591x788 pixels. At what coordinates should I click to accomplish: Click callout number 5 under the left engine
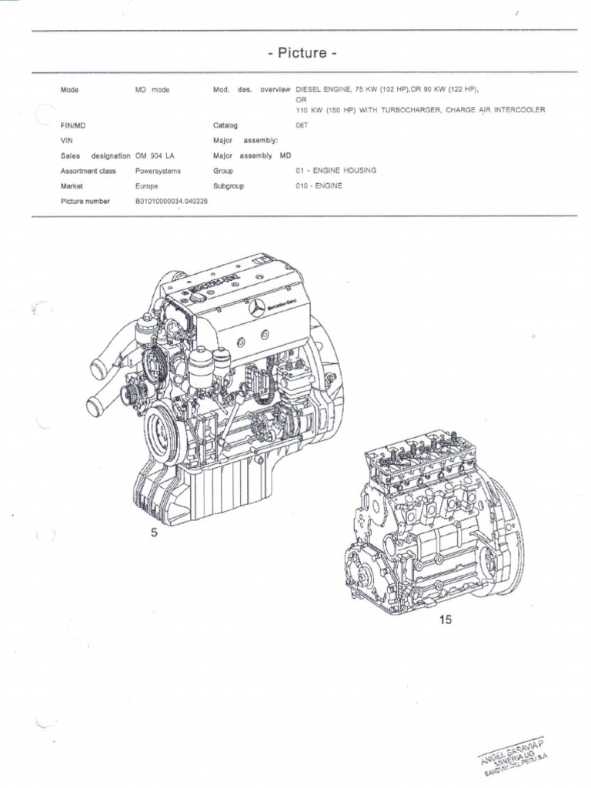(x=155, y=535)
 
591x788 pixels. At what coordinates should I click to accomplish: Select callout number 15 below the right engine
(x=446, y=619)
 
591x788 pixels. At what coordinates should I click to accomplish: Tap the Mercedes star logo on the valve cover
(x=257, y=309)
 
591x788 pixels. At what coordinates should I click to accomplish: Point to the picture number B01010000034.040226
(x=171, y=201)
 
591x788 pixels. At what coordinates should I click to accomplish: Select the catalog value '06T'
(x=302, y=125)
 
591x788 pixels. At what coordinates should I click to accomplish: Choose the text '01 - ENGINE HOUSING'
(x=336, y=170)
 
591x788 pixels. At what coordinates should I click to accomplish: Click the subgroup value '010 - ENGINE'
(x=319, y=185)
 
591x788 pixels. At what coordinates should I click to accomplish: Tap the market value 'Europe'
(x=147, y=185)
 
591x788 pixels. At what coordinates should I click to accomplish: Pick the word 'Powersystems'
(x=158, y=170)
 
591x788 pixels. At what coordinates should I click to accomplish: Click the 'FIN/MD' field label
(x=72, y=125)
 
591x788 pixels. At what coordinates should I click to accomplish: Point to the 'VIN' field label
(x=66, y=140)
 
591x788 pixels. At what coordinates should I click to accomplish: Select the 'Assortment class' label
(x=88, y=170)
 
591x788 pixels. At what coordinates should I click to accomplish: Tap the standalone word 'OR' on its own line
(x=301, y=99)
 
